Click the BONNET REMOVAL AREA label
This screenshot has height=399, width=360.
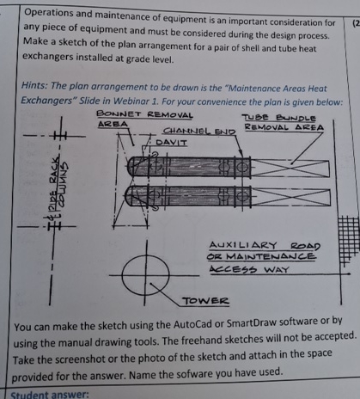pos(143,119)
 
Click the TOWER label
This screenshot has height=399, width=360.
pos(206,301)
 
